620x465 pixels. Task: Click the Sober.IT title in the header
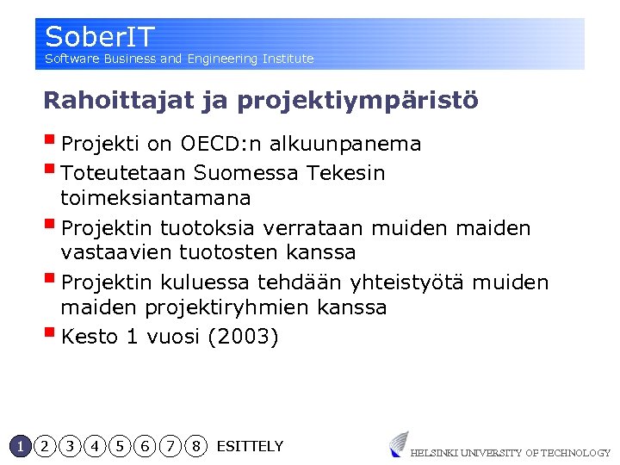100,37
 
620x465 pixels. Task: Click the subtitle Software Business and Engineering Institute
179,59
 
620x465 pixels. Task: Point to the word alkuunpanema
345,144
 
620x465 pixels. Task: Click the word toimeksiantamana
155,198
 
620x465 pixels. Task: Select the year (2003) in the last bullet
244,337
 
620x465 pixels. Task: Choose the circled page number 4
95,446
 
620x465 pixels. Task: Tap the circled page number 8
196,446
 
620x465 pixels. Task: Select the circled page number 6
146,446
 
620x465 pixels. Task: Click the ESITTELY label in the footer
250,446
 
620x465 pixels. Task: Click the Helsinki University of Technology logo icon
399,443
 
